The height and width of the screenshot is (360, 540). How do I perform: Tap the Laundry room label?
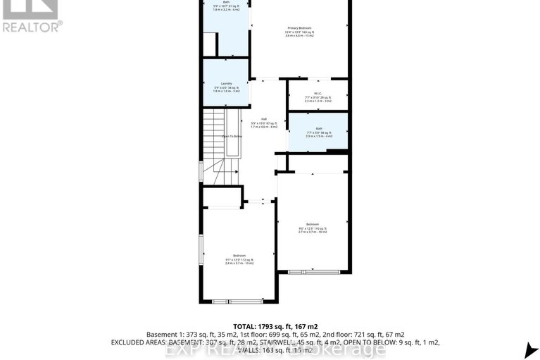click(x=226, y=84)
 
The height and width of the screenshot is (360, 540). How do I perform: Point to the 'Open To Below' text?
click(x=232, y=136)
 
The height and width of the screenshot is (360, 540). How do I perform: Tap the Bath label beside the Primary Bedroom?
click(x=226, y=2)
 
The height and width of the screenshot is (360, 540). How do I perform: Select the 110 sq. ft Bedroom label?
click(x=313, y=223)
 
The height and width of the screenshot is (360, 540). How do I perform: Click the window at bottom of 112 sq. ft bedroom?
click(x=230, y=302)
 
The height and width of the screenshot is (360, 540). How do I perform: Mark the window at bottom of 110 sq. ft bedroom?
click(x=304, y=271)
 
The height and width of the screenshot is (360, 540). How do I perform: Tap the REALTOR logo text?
click(x=32, y=26)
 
